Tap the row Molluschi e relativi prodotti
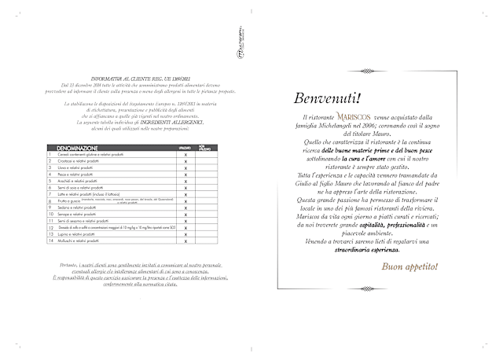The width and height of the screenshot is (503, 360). click(75, 242)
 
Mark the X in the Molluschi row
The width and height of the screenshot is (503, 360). click(185, 242)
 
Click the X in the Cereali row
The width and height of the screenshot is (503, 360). click(185, 156)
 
